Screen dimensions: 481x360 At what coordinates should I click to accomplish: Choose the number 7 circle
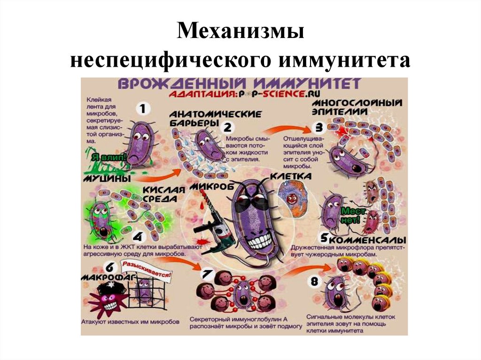pos(207,273)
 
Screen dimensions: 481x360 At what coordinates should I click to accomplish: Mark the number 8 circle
pos(314,282)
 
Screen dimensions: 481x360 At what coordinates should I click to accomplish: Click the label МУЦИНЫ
pos(106,179)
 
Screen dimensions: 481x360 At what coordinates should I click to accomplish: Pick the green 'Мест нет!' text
pos(353,215)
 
